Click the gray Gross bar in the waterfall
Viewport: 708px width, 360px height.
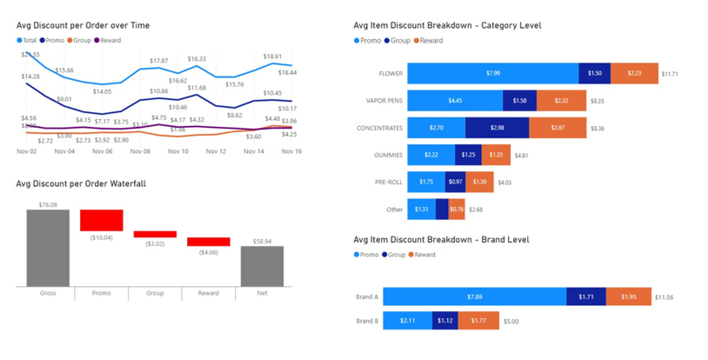coord(48,248)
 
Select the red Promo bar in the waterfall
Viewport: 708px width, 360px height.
coord(102,219)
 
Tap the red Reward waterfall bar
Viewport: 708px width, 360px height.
coord(208,242)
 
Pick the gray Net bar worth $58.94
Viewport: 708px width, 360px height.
coord(262,266)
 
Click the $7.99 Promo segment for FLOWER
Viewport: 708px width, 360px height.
coord(492,74)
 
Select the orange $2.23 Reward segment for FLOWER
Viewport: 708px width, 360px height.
coord(634,74)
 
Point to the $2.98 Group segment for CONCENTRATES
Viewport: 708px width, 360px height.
coord(497,128)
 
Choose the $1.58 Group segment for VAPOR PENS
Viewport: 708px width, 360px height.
coord(519,101)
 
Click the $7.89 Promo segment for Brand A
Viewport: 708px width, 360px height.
coord(474,297)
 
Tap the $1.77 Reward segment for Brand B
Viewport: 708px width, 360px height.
coord(478,321)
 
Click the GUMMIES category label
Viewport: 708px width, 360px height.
coord(388,156)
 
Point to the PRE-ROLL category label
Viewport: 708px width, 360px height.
coord(388,183)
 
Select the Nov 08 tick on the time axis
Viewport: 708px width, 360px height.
coord(141,151)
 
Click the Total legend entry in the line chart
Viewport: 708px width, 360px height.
coord(26,40)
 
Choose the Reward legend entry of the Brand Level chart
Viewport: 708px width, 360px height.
coord(424,255)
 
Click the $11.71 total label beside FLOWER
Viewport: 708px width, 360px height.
coord(670,75)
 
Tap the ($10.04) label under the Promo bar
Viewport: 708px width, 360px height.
coord(102,237)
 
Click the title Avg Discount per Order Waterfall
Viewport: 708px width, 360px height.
coord(80,184)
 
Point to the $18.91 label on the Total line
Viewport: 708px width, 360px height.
coord(272,57)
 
